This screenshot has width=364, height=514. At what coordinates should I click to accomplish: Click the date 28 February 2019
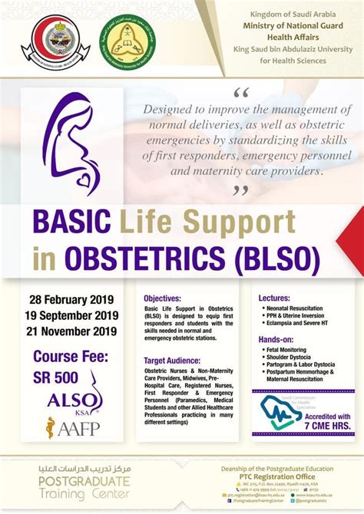(x=74, y=298)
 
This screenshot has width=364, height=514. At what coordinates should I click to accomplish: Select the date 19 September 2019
(x=74, y=315)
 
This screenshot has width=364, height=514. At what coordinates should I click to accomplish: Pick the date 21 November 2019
(x=74, y=331)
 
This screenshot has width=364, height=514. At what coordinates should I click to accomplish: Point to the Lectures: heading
(x=274, y=298)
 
